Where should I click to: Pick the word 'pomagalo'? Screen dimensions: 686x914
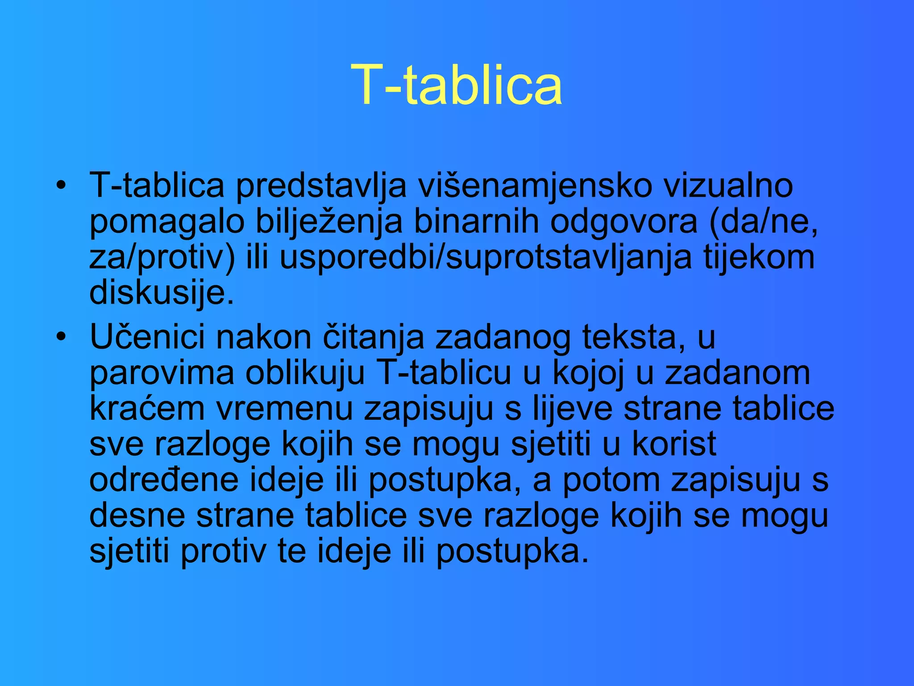[167, 222]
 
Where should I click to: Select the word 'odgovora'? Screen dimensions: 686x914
[623, 222]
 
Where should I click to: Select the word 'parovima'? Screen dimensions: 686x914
[162, 373]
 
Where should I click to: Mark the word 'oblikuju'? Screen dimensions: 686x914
[305, 373]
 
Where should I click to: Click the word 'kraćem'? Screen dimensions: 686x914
[147, 408]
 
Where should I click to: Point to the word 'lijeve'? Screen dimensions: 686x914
[573, 408]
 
